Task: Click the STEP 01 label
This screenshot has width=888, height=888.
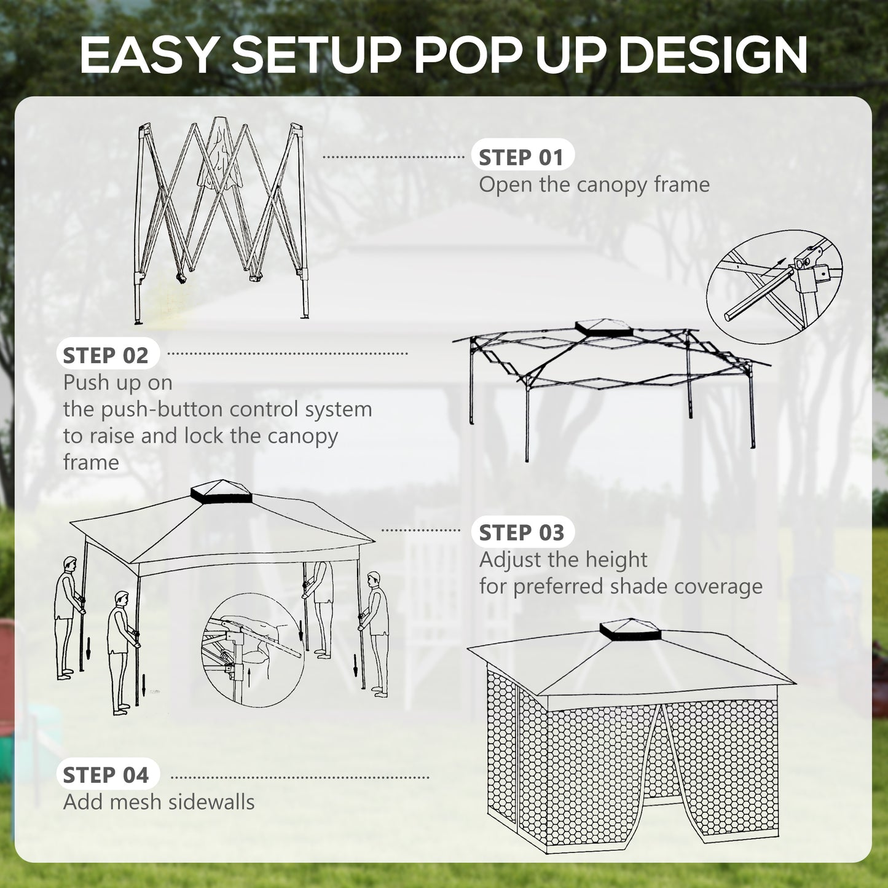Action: (521, 157)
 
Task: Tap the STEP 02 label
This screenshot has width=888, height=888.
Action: (106, 355)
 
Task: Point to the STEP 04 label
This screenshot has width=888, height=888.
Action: (106, 775)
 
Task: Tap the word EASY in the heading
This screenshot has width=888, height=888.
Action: (147, 55)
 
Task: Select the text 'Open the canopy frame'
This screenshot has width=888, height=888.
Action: (594, 184)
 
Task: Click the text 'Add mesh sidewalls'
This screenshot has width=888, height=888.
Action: (159, 802)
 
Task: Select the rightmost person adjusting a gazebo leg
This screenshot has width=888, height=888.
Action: (375, 633)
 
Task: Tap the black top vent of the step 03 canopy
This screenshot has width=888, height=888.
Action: (221, 492)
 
